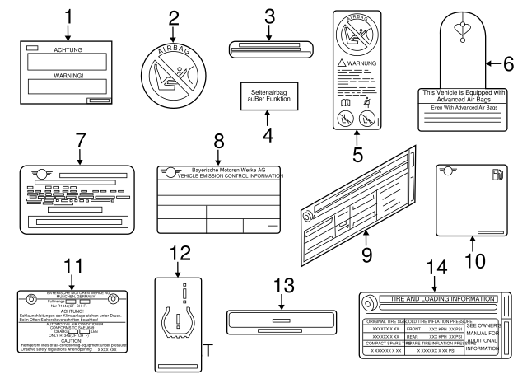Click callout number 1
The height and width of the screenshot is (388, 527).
(69, 15)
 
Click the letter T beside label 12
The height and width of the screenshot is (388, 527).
(208, 351)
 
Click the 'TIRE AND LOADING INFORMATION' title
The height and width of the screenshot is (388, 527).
(437, 298)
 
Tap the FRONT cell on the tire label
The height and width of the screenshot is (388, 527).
(413, 328)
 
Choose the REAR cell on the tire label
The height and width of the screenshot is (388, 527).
(413, 336)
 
